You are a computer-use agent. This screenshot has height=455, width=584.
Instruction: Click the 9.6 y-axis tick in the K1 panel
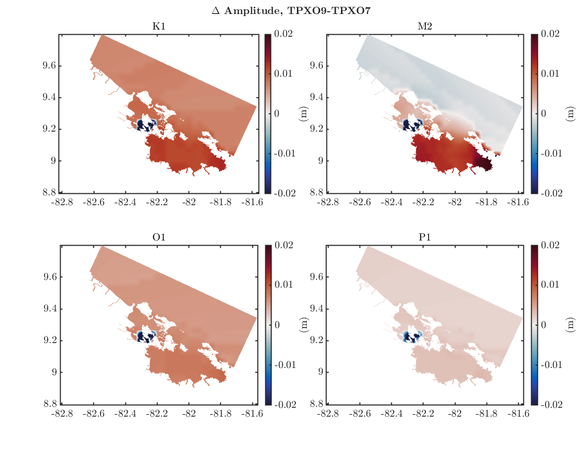pyautogui.click(x=50, y=66)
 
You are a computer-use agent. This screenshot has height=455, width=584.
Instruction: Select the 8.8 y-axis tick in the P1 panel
pyautogui.click(x=316, y=404)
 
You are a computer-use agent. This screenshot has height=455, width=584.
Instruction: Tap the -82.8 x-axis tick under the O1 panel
pyautogui.click(x=61, y=414)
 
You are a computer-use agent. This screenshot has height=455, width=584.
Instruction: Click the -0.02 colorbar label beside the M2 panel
pyautogui.click(x=548, y=193)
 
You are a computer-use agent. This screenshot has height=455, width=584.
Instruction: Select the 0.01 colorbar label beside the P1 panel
pyautogui.click(x=550, y=285)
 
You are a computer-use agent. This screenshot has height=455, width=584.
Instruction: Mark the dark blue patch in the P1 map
pyautogui.click(x=412, y=337)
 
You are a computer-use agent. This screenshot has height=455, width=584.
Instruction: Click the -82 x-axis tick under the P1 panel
pyautogui.click(x=455, y=414)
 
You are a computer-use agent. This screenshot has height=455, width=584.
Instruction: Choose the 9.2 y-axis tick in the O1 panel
pyautogui.click(x=50, y=340)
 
